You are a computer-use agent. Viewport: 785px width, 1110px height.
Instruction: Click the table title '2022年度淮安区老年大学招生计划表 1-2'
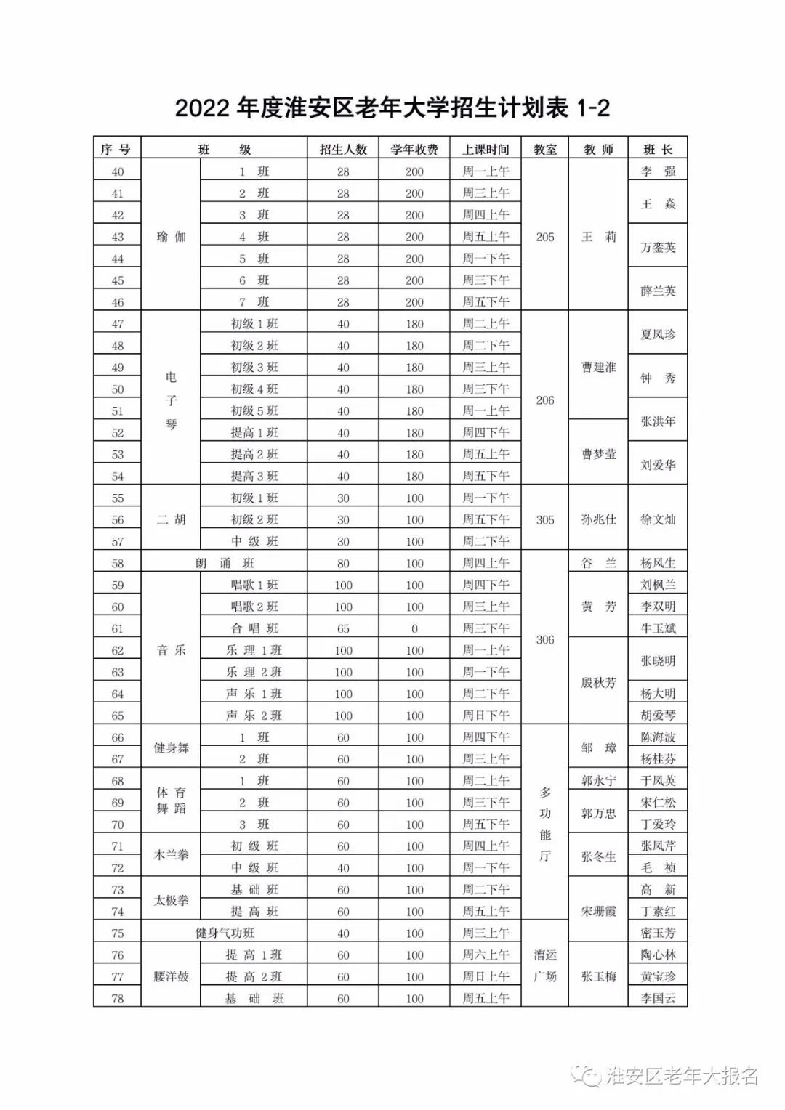click(x=392, y=108)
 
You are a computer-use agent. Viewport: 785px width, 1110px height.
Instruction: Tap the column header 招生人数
click(x=343, y=150)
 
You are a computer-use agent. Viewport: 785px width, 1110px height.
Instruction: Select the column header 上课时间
click(x=486, y=150)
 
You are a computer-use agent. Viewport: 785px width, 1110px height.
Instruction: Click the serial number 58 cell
click(x=118, y=563)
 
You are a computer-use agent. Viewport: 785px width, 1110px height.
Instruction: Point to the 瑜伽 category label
click(x=171, y=237)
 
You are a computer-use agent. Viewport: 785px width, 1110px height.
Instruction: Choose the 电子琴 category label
click(x=171, y=400)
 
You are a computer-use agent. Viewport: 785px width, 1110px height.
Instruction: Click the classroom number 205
click(x=545, y=237)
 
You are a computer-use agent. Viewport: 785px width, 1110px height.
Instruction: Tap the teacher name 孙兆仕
click(x=598, y=519)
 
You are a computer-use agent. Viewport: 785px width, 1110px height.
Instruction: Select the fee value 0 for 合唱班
click(x=414, y=628)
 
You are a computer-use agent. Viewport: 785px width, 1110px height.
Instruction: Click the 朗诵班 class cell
click(x=225, y=563)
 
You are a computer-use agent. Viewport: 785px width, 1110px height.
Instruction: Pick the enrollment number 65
click(x=343, y=628)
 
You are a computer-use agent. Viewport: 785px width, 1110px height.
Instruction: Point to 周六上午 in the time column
click(x=486, y=955)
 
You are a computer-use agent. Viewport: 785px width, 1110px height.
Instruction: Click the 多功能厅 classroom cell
click(x=545, y=824)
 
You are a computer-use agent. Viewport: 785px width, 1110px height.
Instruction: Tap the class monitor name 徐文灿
click(x=658, y=519)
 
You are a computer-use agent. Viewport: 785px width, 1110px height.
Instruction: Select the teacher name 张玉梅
click(x=598, y=976)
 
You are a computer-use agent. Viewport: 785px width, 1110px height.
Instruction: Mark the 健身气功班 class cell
click(x=225, y=933)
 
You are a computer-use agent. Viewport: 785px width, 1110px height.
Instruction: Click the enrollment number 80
click(x=343, y=563)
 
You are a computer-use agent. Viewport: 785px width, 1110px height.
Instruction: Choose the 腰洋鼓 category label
click(x=171, y=976)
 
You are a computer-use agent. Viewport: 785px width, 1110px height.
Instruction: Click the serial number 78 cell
click(x=118, y=998)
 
